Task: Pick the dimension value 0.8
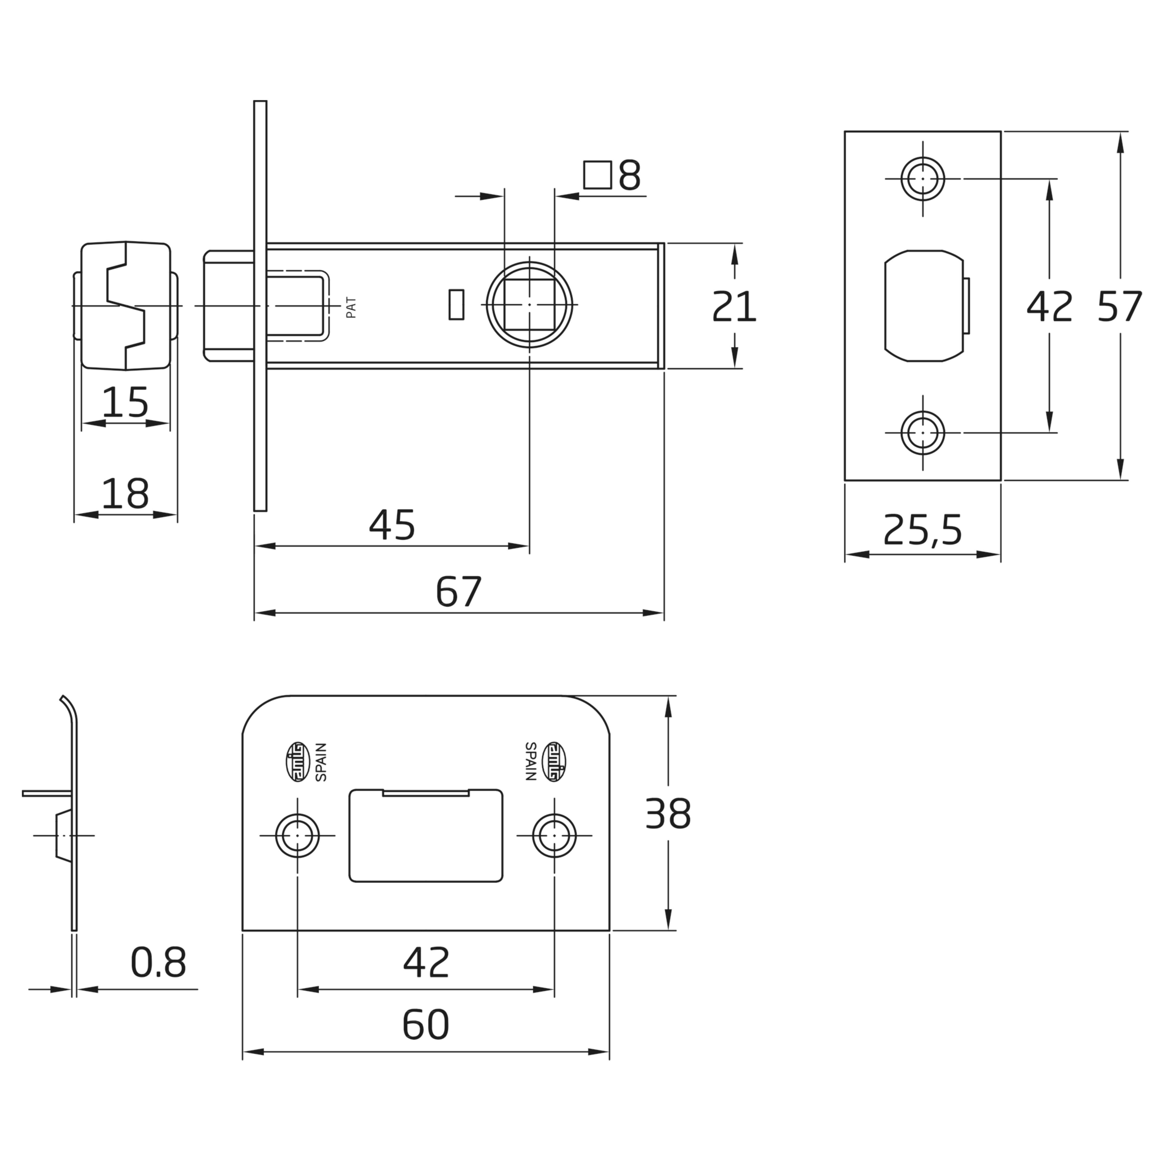158,963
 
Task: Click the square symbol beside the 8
597,175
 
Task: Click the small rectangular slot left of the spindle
456,304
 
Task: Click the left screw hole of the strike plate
297,835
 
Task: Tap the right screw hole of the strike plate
554,835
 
